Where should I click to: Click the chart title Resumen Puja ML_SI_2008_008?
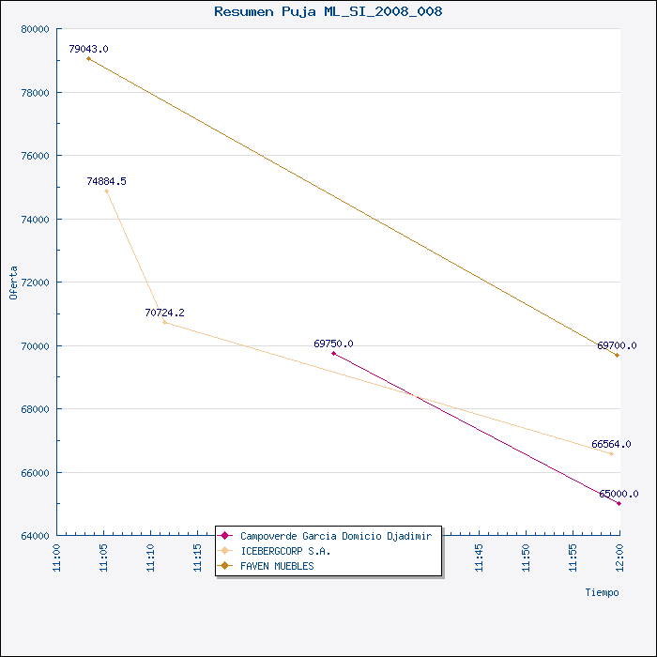tap(328, 11)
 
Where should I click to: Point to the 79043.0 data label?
tap(88, 49)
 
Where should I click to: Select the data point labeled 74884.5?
tap(106, 191)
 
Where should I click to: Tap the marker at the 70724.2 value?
tap(164, 322)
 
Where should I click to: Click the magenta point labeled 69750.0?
tap(333, 353)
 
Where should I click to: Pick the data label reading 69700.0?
tap(617, 345)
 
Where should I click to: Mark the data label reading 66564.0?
tap(611, 444)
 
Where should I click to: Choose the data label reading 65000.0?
tap(619, 494)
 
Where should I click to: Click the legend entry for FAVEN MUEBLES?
tap(277, 566)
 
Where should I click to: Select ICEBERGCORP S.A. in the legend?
tap(285, 551)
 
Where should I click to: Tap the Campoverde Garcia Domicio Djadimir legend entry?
tap(336, 536)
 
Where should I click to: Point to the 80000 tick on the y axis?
tap(36, 29)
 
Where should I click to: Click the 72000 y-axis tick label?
tap(36, 283)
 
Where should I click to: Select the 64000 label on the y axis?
tap(36, 536)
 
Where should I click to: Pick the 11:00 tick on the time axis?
tap(57, 558)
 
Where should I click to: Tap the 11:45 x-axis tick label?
tap(480, 558)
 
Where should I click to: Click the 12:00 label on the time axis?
tap(620, 558)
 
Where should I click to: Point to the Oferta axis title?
tap(13, 283)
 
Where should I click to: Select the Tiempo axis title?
tap(603, 592)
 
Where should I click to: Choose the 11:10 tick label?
tap(151, 558)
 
